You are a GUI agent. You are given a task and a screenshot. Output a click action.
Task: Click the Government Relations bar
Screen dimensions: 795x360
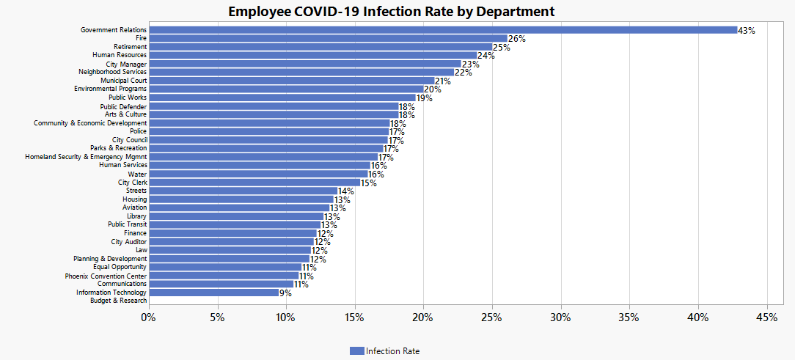443,30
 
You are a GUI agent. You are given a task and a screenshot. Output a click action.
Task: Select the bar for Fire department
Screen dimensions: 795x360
329,39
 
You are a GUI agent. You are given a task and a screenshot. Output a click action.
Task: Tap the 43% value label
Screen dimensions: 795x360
747,30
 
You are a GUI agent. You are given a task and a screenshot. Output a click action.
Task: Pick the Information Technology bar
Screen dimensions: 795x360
214,293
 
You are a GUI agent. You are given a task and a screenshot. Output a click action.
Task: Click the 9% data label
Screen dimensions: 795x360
285,293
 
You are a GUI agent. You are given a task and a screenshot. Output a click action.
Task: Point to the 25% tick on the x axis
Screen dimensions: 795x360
492,318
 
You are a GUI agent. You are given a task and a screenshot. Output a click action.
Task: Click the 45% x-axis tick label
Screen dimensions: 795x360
766,318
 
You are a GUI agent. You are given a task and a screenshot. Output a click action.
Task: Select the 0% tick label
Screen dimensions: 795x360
149,318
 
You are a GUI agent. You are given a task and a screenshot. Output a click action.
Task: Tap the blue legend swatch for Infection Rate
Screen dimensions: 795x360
357,351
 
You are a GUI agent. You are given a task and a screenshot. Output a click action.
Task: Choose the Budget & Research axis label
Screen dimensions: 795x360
119,301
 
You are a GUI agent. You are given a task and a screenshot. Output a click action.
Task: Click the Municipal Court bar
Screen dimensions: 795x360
292,81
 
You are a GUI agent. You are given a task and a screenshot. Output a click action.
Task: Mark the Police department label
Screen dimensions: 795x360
139,131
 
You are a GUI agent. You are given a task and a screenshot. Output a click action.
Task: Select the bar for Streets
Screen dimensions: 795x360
243,191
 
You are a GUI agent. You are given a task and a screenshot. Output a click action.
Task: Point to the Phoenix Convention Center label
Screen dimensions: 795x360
106,276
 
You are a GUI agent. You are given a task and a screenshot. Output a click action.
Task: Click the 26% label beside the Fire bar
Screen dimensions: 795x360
516,39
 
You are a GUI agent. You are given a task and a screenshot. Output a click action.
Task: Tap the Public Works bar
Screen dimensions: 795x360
282,98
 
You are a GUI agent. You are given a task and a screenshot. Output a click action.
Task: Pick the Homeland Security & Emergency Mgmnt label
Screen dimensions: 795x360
87,157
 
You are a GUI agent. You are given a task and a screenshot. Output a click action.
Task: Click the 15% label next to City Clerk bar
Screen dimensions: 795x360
369,183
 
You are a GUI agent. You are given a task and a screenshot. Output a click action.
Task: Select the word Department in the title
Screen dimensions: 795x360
516,12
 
